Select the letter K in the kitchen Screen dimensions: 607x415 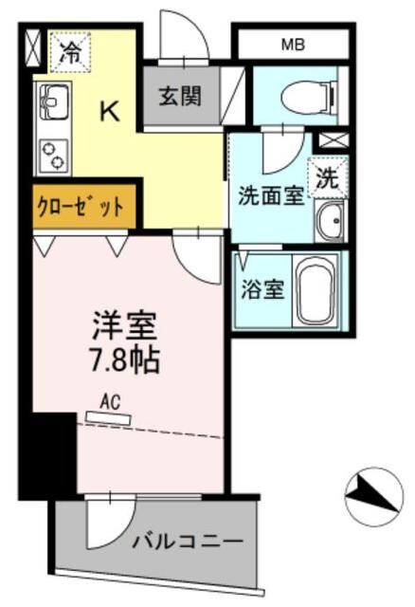[110, 112]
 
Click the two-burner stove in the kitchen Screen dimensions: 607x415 [51, 154]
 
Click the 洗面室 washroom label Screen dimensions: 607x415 [270, 195]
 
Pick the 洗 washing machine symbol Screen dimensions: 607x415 [327, 177]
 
